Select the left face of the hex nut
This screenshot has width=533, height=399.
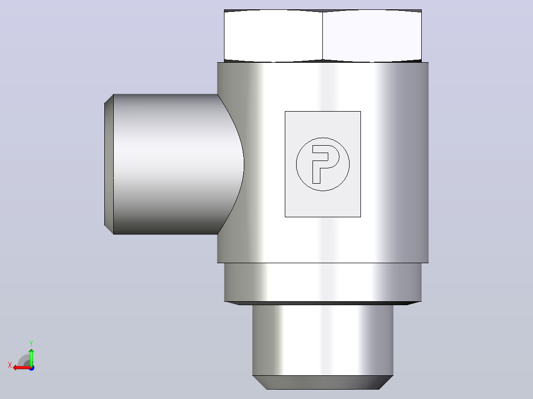point(273,36)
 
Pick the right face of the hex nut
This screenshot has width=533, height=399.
point(372,36)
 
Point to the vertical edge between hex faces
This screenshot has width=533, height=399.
point(322,36)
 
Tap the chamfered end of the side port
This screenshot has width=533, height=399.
point(109,164)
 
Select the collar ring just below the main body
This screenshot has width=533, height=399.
point(322,282)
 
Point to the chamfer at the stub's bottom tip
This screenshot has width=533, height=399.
point(322,382)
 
